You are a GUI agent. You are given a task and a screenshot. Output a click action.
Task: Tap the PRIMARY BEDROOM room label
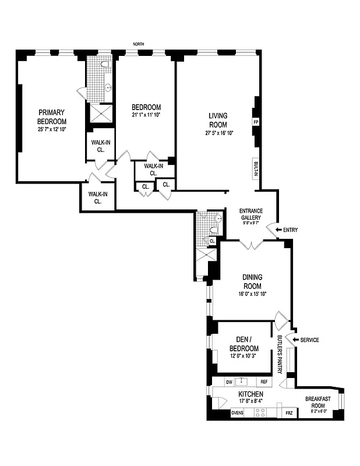tap(52, 116)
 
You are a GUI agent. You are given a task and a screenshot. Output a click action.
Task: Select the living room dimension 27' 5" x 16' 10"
tap(218, 133)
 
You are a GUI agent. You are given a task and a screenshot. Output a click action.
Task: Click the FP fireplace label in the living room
tap(255, 122)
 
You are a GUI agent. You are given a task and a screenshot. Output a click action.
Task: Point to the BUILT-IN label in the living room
tap(255, 168)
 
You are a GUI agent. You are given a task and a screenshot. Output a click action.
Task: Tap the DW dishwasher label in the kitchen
tap(229, 382)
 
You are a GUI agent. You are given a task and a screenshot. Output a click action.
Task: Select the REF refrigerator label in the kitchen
tap(264, 382)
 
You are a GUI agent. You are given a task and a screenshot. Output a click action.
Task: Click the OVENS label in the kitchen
tap(237, 413)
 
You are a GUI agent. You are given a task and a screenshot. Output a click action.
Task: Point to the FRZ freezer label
tap(289, 413)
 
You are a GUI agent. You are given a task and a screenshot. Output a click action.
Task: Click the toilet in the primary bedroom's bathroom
tap(105, 64)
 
